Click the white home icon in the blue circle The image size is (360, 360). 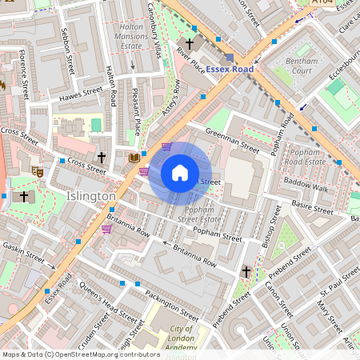[x=180, y=173]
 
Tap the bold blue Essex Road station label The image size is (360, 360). [x=230, y=70]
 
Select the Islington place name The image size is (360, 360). [x=90, y=196]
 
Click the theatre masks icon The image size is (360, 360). [x=37, y=170]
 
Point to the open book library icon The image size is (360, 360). [x=134, y=158]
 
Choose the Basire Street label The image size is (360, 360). [x=311, y=209]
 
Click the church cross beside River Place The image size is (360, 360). [x=190, y=43]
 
